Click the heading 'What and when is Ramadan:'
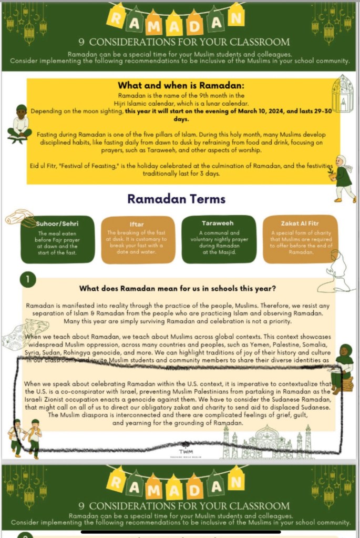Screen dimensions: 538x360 [181, 86]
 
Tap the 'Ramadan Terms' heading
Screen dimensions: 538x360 [177, 199]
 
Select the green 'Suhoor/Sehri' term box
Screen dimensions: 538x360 [58, 239]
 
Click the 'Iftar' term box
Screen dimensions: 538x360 [138, 239]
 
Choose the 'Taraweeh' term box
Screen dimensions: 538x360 [219, 239]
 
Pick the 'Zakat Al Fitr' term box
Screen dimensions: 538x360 [298, 239]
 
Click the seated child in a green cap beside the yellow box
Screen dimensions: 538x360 [20, 125]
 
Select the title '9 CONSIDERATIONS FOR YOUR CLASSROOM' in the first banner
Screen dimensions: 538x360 [183, 42]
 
